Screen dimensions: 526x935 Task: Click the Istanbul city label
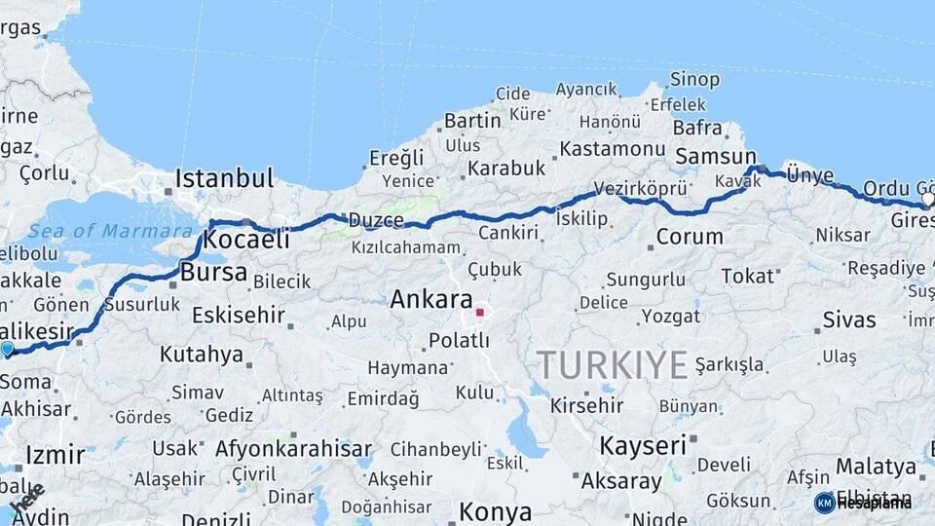[224, 178]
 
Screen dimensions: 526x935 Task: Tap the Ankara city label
[431, 300]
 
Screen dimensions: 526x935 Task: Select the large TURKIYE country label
[613, 365]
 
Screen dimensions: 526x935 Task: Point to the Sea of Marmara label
[110, 231]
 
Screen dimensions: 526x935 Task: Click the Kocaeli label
[248, 240]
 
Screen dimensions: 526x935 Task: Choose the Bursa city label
[213, 273]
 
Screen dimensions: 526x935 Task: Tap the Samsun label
[716, 156]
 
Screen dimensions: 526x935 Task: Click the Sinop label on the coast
[695, 79]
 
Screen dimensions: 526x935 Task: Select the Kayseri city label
[643, 446]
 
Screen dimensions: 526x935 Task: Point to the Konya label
[495, 512]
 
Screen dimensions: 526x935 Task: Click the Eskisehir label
[238, 315]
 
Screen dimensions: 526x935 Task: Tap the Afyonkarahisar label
[293, 449]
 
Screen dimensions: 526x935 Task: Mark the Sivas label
[849, 319]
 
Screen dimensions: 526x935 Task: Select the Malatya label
[870, 466]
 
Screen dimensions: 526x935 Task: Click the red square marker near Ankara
[479, 313]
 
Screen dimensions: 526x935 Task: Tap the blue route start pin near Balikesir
[8, 349]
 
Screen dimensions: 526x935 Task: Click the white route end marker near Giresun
[927, 199]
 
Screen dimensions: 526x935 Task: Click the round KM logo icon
[824, 503]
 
